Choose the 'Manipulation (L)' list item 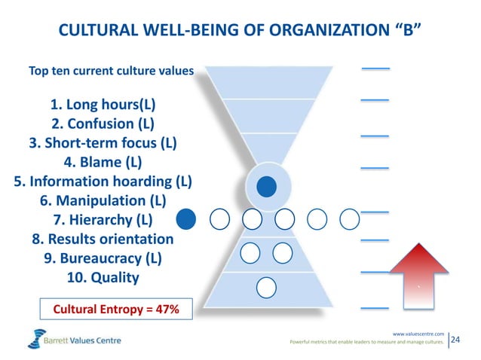(103, 201)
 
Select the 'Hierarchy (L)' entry (103, 221)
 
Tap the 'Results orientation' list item (103, 239)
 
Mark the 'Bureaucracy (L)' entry (103, 259)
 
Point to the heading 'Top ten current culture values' (111, 72)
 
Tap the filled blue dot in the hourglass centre (265, 185)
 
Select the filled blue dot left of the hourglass (186, 219)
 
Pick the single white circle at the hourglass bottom (265, 287)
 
